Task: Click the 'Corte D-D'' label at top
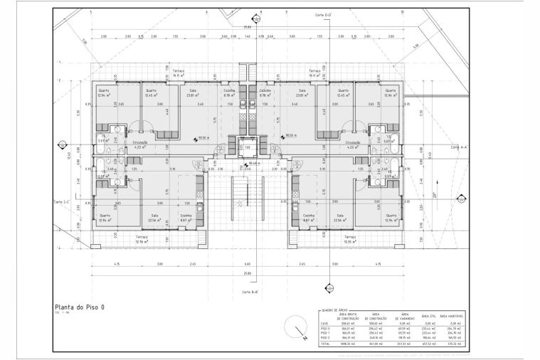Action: [324, 14]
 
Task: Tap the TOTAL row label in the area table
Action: [325, 344]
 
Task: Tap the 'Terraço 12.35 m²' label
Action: [349, 240]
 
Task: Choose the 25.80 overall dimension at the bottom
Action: [247, 273]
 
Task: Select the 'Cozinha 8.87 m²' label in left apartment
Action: [186, 218]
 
